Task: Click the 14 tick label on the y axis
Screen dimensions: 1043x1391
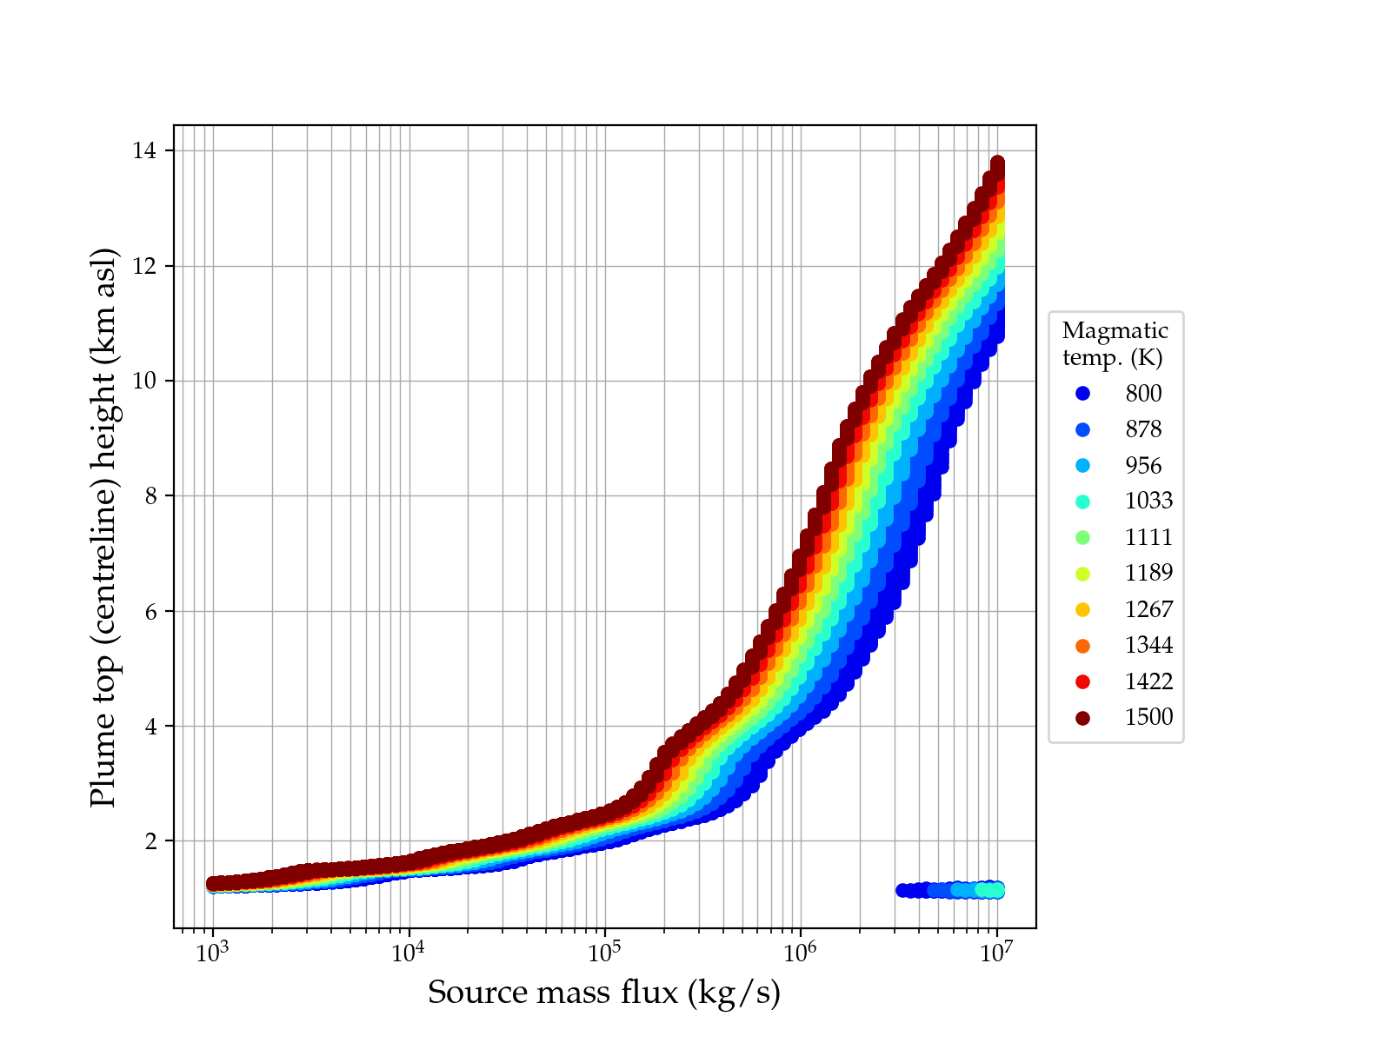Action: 145,151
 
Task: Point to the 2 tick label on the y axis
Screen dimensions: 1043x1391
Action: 151,841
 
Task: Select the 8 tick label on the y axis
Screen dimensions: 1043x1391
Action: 151,496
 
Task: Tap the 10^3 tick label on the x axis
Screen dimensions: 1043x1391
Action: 212,953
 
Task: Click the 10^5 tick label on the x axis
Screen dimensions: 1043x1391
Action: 604,953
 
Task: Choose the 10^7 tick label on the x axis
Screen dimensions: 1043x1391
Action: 996,953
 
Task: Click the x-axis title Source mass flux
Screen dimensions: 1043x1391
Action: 604,993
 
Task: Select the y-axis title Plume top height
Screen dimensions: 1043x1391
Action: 103,528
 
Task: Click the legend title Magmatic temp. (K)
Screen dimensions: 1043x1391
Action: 1115,343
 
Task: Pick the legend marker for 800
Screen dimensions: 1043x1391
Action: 1082,394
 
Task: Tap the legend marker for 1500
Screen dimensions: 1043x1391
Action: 1082,718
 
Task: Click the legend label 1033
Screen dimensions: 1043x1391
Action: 1148,501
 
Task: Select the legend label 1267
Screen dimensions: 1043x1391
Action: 1148,609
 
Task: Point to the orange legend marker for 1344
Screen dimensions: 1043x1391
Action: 1082,646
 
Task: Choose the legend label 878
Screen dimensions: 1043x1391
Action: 1143,429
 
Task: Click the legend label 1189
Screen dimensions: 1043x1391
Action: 1148,573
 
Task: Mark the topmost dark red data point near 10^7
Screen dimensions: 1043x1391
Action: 997,163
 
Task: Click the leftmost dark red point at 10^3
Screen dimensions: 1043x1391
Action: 213,884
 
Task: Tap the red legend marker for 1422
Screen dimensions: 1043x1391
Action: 1082,682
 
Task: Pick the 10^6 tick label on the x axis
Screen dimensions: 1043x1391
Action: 800,953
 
